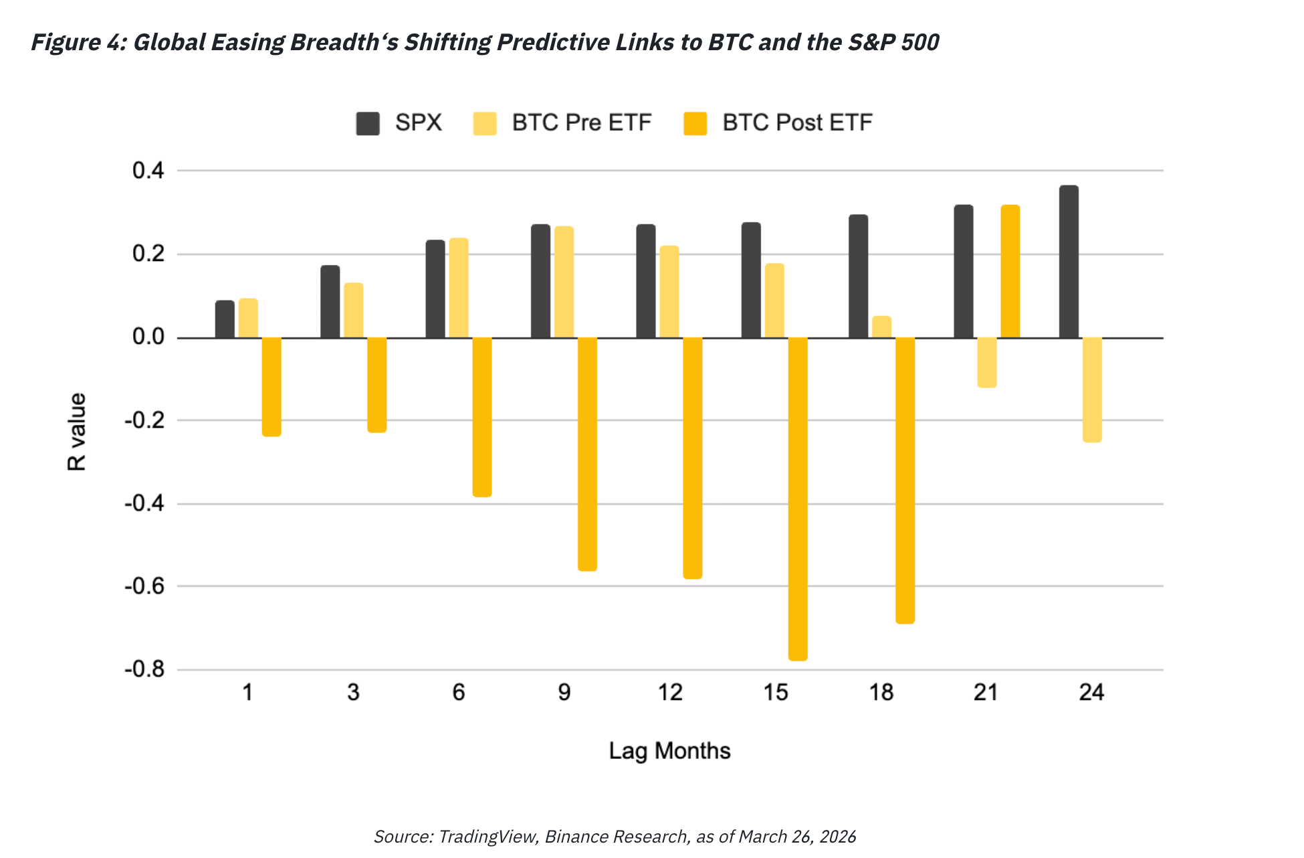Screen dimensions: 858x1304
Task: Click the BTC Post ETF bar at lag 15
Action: (x=798, y=499)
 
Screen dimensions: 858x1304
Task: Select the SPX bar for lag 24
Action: (x=1069, y=262)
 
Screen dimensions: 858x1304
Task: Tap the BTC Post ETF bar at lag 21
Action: (x=1010, y=271)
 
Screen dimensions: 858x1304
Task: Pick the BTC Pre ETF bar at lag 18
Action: (x=881, y=327)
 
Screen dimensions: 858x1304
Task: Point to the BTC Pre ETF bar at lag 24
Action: (x=1092, y=390)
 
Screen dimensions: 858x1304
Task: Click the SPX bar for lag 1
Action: (x=225, y=319)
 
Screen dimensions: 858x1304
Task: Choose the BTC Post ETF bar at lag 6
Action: (x=482, y=417)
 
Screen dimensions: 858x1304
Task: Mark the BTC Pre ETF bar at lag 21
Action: (x=986, y=362)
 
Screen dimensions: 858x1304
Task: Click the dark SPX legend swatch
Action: (x=368, y=124)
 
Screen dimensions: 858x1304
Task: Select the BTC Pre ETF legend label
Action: (x=581, y=123)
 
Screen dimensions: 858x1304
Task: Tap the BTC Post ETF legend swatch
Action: (x=695, y=124)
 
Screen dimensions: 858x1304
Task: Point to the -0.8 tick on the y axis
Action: (x=144, y=669)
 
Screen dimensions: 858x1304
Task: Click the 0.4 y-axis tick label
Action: (x=148, y=171)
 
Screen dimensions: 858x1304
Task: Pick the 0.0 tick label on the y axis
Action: (x=148, y=337)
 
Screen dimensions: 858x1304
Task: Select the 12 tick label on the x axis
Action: (x=670, y=692)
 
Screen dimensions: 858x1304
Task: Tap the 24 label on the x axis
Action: (x=1091, y=692)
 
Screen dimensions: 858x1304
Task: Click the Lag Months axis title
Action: (x=669, y=751)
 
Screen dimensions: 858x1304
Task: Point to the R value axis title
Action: (x=77, y=432)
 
